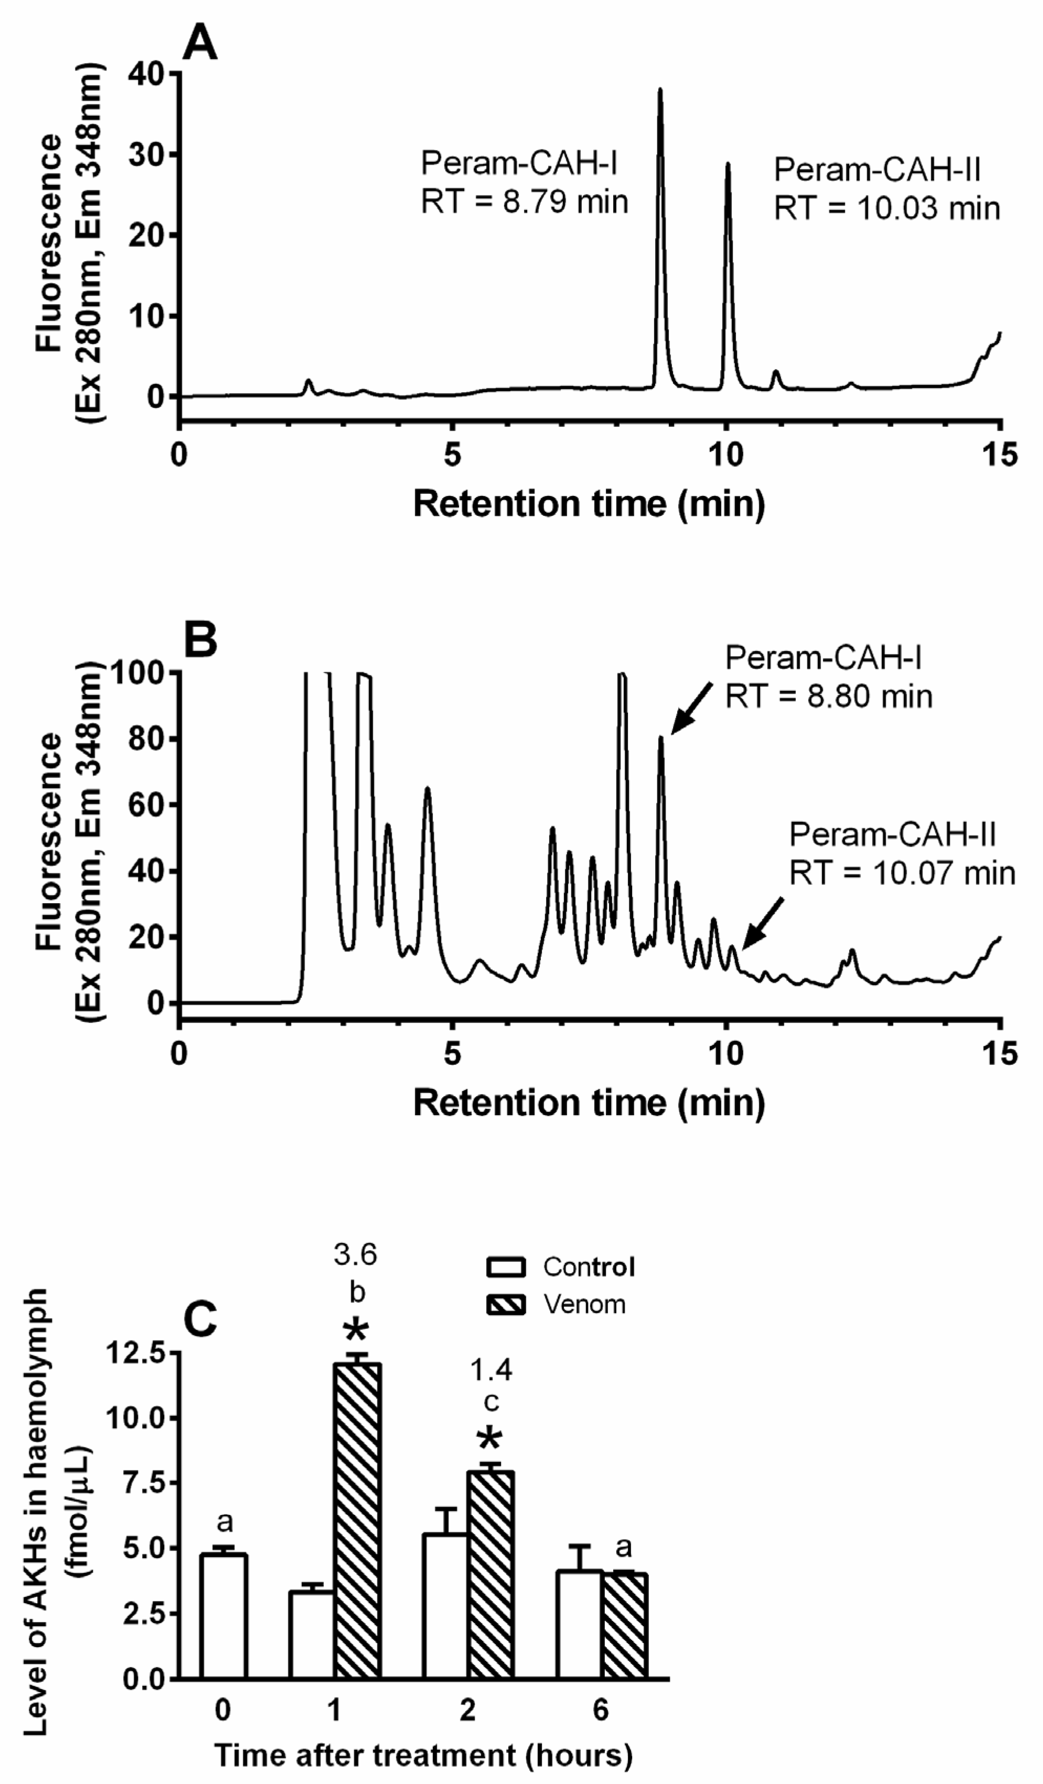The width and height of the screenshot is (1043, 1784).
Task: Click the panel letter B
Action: click(x=200, y=640)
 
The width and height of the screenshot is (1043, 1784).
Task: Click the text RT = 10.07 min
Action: click(x=902, y=873)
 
